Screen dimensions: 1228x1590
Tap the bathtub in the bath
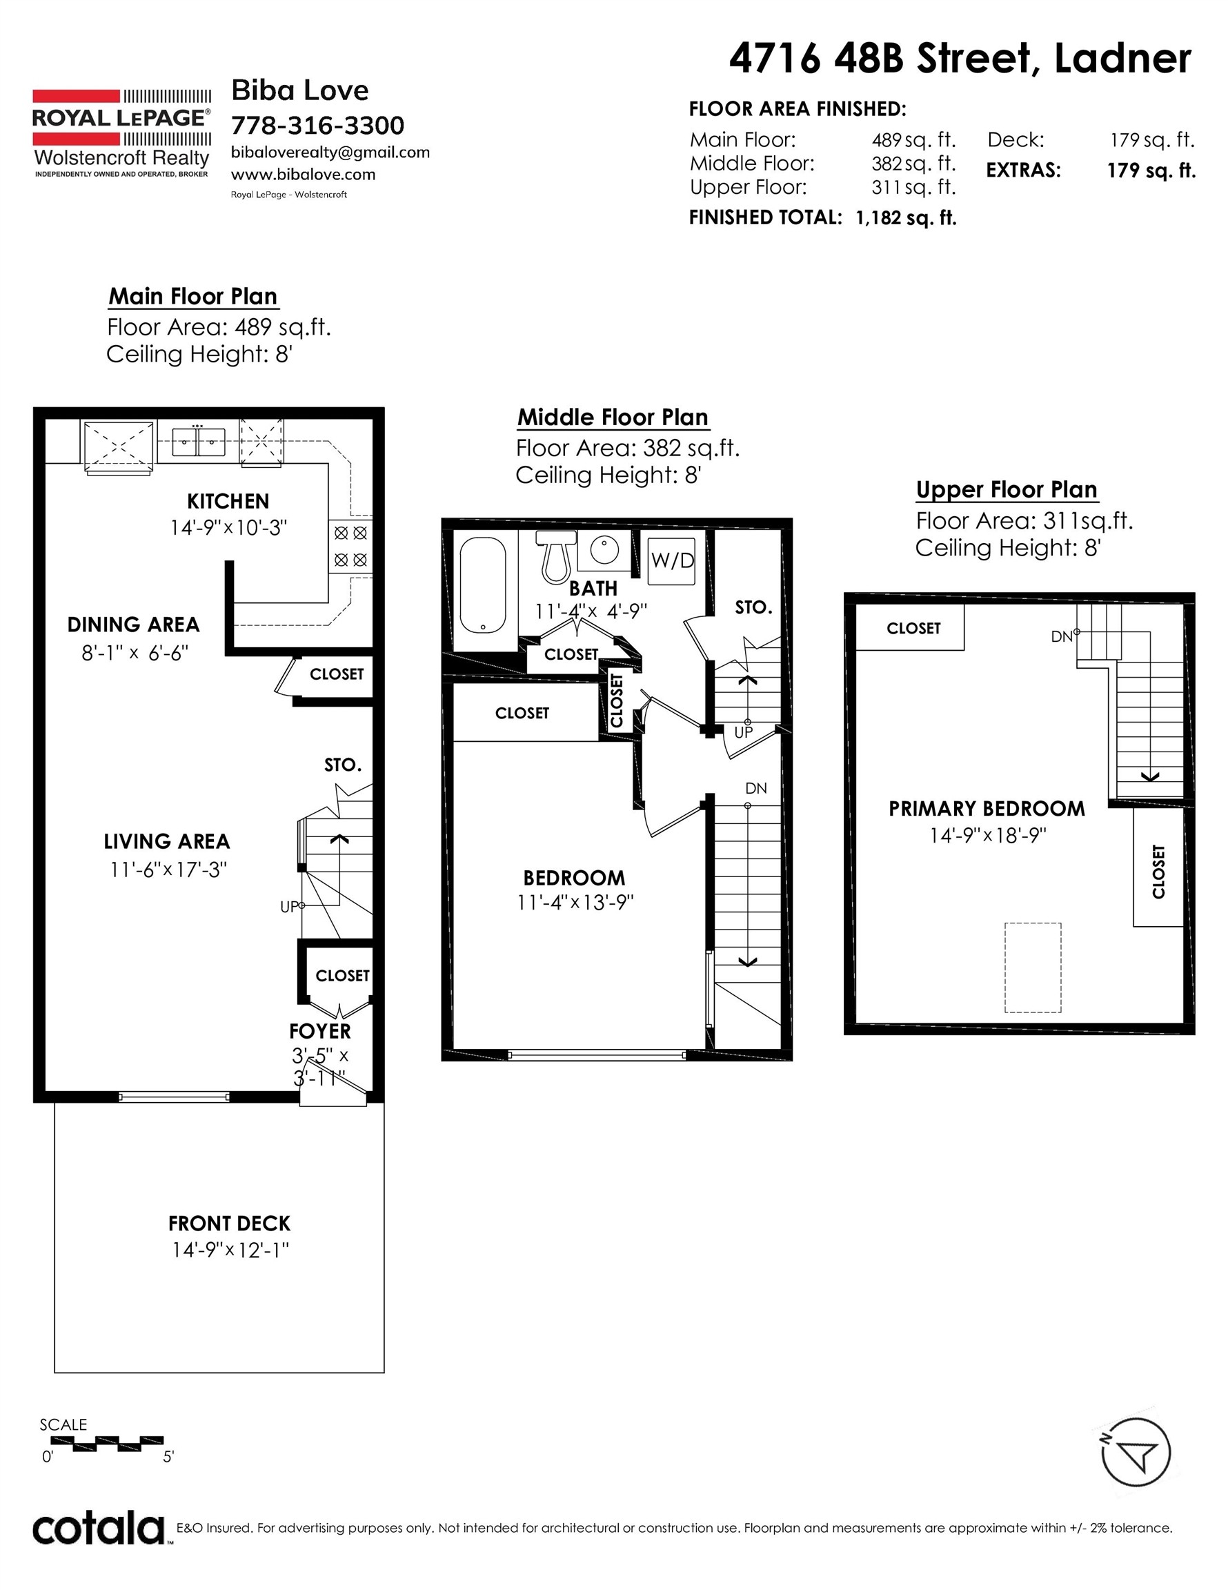[x=483, y=585]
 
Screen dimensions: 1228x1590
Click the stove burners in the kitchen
[x=350, y=546]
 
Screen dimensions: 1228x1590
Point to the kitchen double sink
[x=198, y=441]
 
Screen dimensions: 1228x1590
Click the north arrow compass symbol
[x=1135, y=1453]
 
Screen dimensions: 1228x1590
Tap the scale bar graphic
[x=101, y=1441]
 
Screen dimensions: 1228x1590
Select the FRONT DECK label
[x=229, y=1223]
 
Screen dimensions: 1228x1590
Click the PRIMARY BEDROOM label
[x=987, y=809]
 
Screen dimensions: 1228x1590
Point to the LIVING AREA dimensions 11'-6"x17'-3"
[x=168, y=870]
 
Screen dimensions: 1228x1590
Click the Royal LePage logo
[x=122, y=133]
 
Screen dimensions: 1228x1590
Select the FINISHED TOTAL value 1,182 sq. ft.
[x=906, y=217]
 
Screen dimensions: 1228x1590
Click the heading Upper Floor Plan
[x=1007, y=490]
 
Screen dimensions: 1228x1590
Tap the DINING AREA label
[x=133, y=625]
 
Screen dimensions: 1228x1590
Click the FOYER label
[x=319, y=1031]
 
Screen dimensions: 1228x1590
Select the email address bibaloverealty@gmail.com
[x=330, y=152]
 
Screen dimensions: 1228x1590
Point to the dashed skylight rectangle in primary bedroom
[x=1033, y=968]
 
